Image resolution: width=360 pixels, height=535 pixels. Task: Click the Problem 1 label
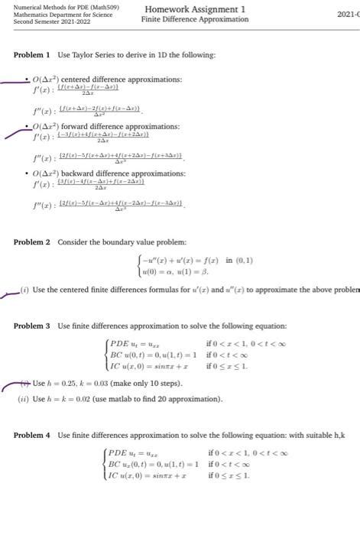[32, 55]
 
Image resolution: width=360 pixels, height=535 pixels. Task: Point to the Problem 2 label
[32, 242]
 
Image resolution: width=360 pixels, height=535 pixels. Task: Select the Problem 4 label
[32, 435]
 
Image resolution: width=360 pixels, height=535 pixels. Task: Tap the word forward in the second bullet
[76, 126]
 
